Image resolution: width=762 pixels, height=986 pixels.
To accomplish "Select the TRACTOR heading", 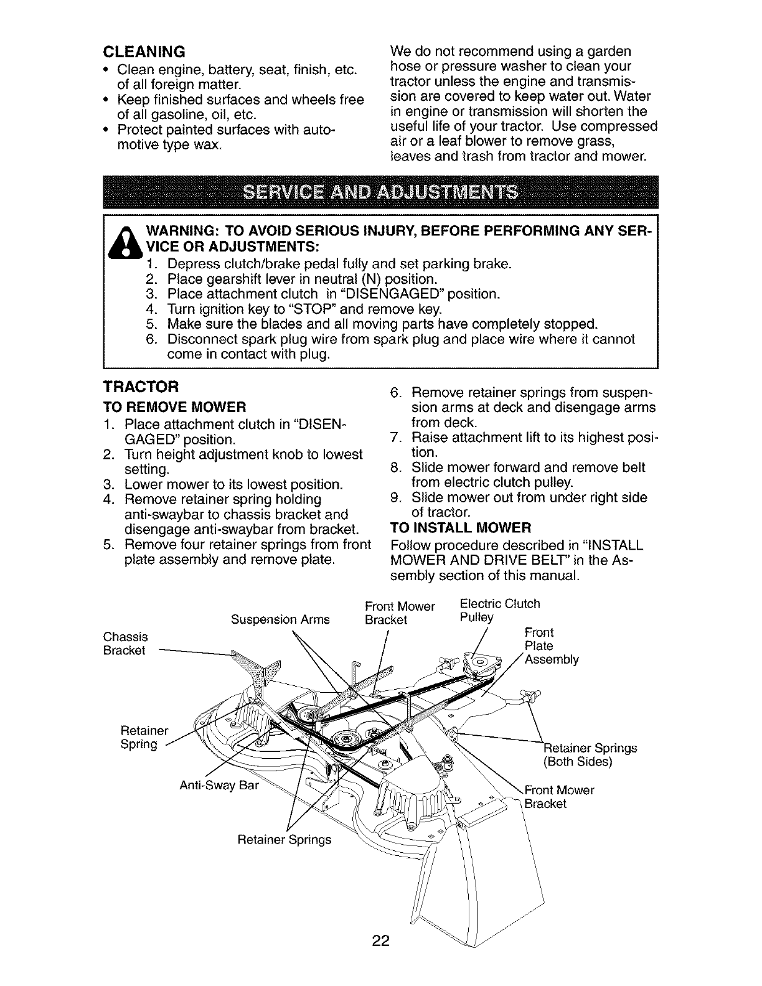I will tap(141, 387).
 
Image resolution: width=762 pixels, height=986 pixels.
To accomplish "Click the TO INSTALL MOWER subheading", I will tap(459, 528).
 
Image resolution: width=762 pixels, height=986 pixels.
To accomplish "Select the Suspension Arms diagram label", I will tap(280, 619).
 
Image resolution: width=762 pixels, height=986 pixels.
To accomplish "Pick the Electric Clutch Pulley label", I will tap(499, 610).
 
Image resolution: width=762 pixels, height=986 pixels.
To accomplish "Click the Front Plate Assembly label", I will tap(551, 646).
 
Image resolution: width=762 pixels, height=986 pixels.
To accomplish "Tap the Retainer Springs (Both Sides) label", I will tap(590, 754).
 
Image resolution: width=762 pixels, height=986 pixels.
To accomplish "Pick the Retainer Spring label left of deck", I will tap(140, 736).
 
